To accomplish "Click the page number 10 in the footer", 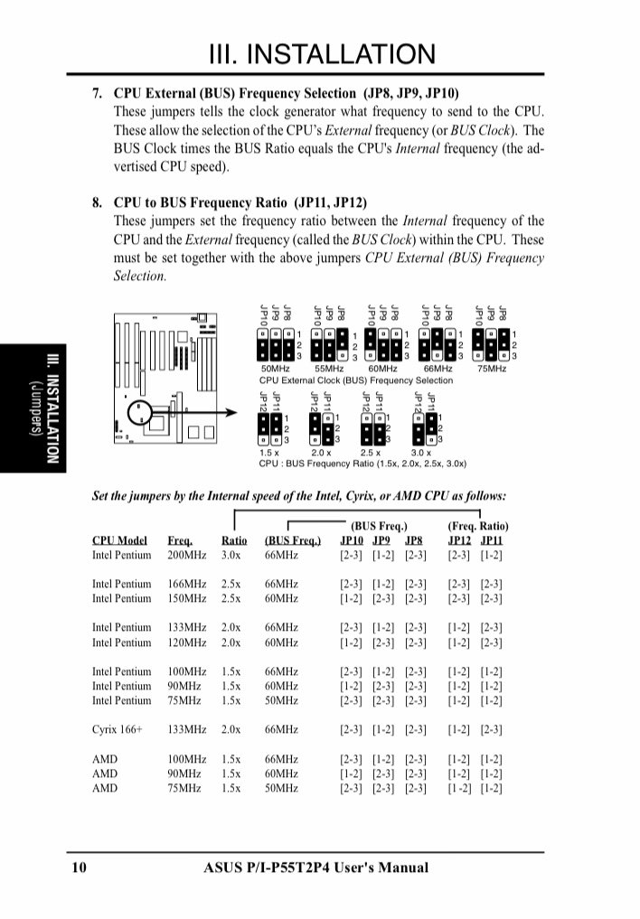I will tap(79, 868).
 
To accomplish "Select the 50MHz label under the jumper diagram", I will tap(275, 370).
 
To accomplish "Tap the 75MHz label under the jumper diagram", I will tap(492, 370).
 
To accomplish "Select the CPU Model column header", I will tap(119, 540).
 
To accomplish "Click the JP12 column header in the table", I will tap(460, 540).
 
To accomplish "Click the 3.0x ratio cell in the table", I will tap(231, 555).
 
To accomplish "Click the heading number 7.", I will tap(98, 93).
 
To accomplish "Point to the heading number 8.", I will tap(98, 203).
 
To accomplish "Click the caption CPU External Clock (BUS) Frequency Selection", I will tap(355, 381).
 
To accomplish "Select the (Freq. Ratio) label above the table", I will tap(477, 526).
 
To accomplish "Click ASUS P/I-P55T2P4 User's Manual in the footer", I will tap(316, 868).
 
